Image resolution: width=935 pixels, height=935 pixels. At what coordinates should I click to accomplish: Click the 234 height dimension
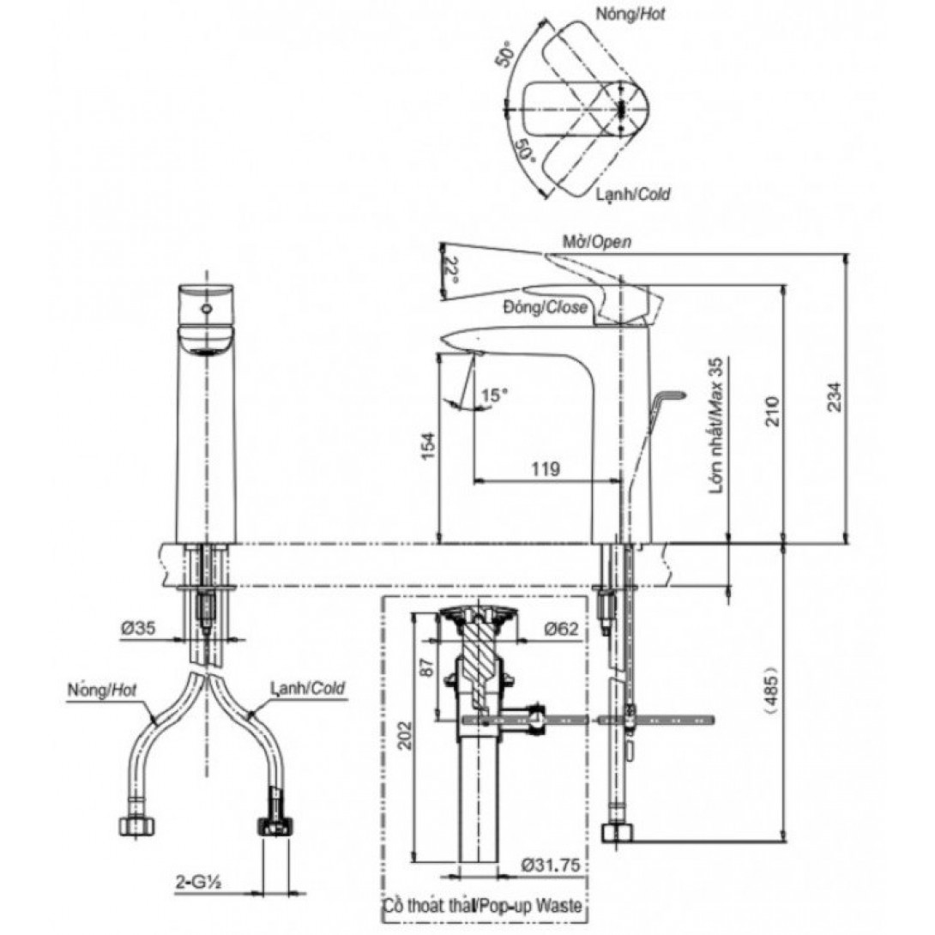835,396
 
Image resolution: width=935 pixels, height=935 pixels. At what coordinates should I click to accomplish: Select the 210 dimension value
773,411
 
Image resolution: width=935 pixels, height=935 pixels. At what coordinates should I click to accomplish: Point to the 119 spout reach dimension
546,468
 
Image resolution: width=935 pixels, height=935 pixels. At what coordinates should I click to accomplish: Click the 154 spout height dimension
430,445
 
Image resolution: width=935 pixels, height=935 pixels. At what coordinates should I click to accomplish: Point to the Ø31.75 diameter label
549,865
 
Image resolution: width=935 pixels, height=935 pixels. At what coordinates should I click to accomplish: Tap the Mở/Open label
597,242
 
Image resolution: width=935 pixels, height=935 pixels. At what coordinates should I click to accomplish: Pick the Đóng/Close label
545,307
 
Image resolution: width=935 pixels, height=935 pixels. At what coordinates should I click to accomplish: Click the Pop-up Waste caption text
529,907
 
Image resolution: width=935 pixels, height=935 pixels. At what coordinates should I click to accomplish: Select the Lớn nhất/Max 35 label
716,425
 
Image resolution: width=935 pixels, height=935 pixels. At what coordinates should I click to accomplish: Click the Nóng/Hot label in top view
630,14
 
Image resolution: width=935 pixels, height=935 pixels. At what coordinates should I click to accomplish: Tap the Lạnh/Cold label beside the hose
308,688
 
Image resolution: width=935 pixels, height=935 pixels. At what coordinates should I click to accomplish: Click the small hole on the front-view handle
207,309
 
